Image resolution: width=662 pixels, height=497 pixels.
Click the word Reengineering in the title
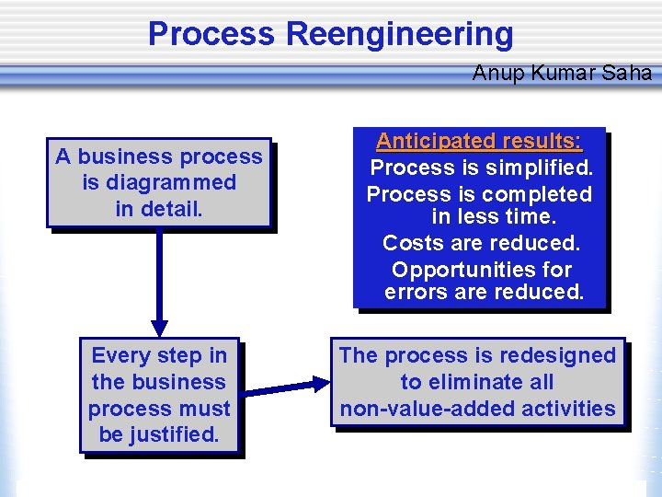point(400,34)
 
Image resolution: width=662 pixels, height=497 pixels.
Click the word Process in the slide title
point(211,34)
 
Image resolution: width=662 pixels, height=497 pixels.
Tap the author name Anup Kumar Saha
point(562,73)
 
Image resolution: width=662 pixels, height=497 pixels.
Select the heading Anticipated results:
point(478,142)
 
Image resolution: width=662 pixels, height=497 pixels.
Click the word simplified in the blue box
point(540,168)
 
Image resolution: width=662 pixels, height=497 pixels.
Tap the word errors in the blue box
point(414,294)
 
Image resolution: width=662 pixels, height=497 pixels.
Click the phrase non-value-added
point(430,409)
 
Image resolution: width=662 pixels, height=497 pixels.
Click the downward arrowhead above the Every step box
point(160,327)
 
